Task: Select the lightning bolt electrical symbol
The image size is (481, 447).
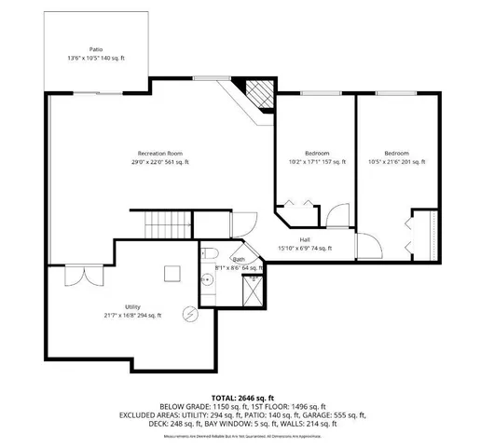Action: coord(191,313)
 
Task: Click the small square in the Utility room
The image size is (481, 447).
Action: coord(172,272)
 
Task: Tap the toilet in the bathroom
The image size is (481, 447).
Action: coord(210,254)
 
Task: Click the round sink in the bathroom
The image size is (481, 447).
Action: coord(209,278)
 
